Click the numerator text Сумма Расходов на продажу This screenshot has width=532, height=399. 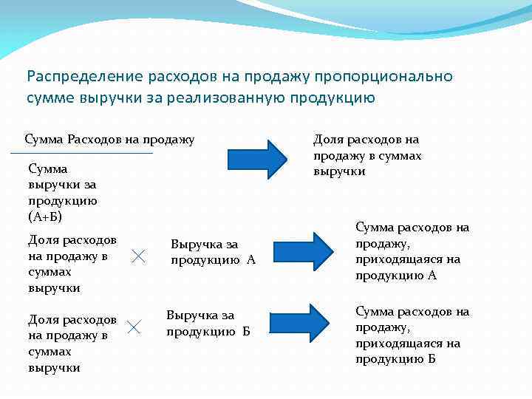click(x=109, y=139)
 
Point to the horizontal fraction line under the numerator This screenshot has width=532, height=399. click(x=81, y=153)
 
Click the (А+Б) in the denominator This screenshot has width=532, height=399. click(x=45, y=216)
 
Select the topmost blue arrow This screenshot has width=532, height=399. click(x=257, y=159)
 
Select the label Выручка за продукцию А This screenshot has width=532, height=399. click(x=213, y=251)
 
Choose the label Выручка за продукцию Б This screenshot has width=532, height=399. click(x=208, y=323)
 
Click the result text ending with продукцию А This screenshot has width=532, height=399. click(x=412, y=251)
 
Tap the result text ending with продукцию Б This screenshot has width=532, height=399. click(x=412, y=335)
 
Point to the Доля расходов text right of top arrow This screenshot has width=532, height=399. click(x=367, y=155)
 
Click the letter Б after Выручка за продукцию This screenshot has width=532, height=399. click(x=246, y=331)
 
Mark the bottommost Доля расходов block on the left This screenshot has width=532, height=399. click(x=72, y=343)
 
